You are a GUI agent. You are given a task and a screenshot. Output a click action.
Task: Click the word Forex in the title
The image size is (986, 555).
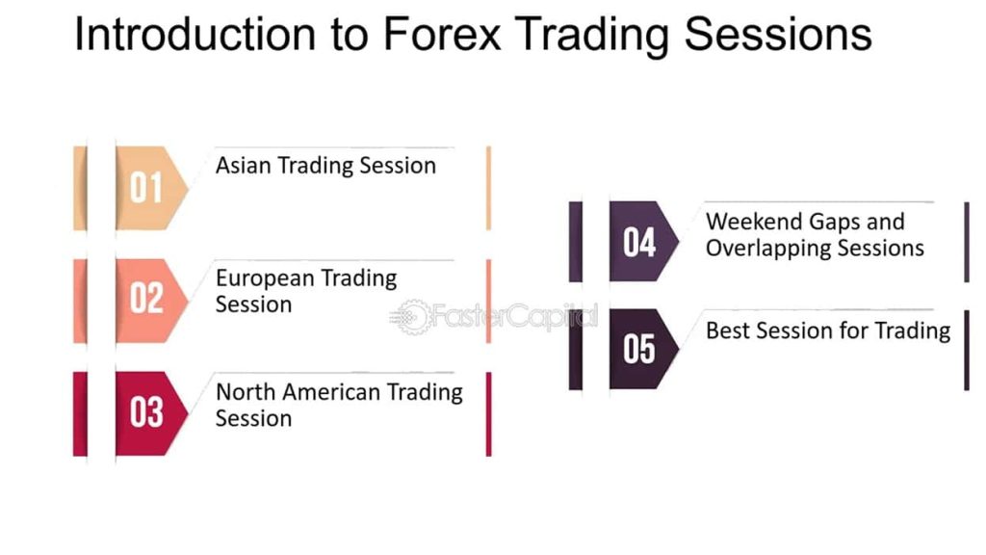point(442,34)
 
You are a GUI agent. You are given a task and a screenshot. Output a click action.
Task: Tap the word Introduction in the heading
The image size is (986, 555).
point(195,34)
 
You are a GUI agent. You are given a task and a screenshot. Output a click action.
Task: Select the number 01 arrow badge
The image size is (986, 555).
point(151,188)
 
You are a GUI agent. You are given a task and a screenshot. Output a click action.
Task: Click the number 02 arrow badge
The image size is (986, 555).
point(151,301)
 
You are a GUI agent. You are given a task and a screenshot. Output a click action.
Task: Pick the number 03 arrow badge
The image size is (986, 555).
point(151,413)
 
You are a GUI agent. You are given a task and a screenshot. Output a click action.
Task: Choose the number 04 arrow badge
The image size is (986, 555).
point(644,241)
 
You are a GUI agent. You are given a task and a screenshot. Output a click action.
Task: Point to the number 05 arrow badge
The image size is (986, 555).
point(644,349)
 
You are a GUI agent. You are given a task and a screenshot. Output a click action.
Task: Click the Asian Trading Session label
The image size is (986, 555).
point(325,166)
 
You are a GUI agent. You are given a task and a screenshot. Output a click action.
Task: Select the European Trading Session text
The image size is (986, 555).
point(306,291)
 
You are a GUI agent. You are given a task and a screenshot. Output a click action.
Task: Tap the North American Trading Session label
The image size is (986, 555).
point(340,405)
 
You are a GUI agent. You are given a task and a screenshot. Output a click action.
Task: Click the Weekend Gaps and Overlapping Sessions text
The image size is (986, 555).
point(815,235)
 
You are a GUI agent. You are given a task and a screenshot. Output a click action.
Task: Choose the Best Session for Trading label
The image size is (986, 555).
point(828,330)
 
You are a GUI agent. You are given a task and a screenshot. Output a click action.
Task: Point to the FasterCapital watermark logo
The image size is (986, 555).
point(494,316)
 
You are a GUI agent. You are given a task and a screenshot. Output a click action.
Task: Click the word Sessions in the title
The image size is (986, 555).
point(778,34)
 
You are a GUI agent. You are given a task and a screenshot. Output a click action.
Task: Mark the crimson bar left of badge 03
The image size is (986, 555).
point(80,413)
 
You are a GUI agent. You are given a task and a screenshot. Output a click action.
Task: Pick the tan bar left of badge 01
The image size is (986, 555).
point(80,188)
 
